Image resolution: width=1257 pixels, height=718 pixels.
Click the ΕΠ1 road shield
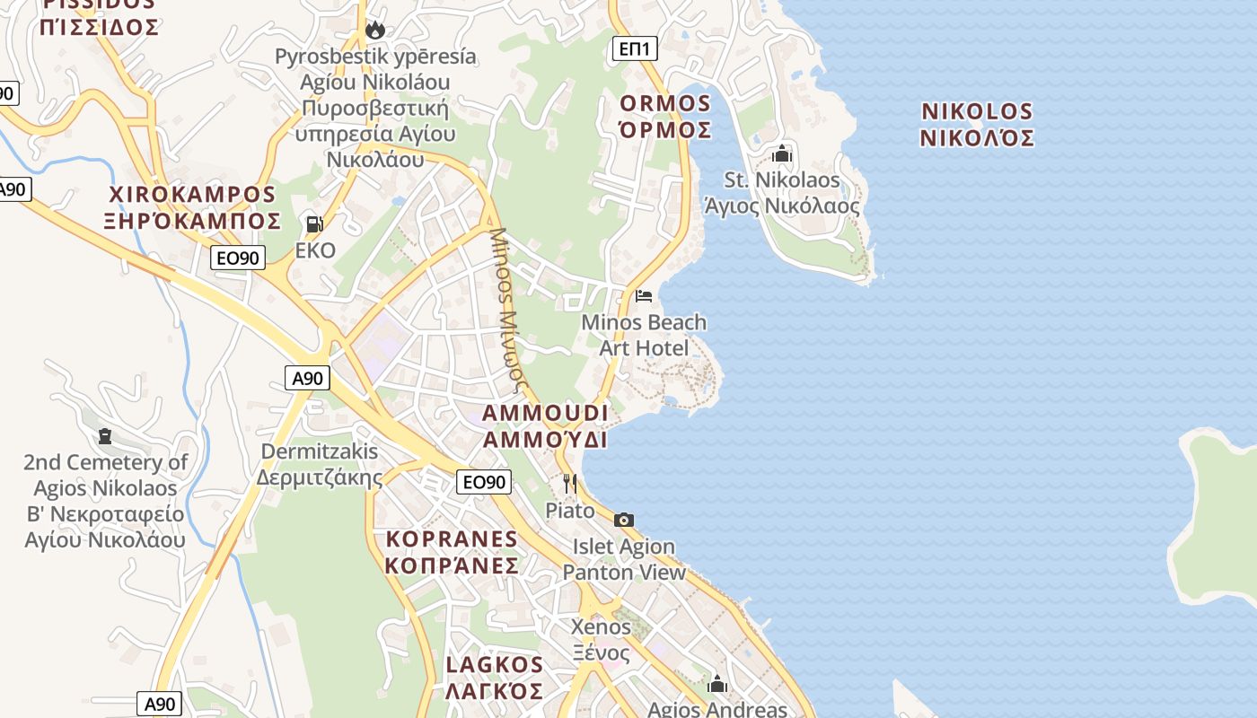(634, 48)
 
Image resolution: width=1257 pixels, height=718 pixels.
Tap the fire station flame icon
(375, 31)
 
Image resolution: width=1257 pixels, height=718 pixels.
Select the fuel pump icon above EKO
(314, 223)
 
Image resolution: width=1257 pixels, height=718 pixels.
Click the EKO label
(315, 250)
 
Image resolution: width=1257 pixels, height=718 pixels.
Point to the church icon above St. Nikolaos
(782, 153)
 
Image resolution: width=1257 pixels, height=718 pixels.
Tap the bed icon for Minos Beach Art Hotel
(644, 295)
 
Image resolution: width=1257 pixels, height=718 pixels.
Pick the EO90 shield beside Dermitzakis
(483, 482)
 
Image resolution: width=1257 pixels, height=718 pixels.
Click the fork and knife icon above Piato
(569, 484)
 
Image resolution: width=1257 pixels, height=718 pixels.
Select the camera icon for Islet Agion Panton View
(624, 520)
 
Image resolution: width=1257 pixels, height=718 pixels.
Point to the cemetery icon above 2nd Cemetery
(105, 436)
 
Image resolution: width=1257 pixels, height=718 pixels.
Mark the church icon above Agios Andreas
(717, 685)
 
